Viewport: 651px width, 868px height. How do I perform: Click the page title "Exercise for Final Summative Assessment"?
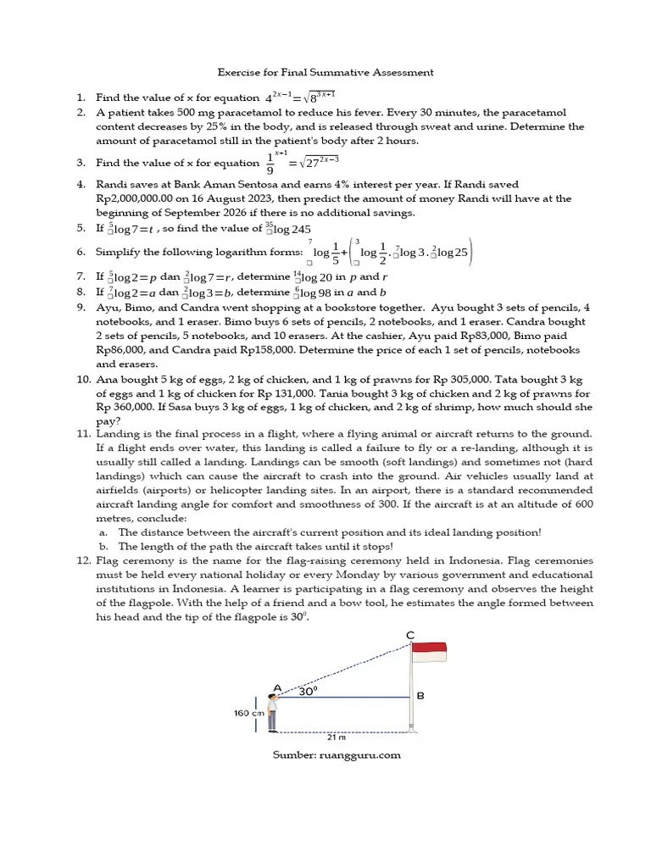click(x=325, y=73)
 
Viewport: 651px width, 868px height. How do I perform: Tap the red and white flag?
click(x=428, y=652)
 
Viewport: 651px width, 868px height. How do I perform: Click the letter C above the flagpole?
click(x=411, y=635)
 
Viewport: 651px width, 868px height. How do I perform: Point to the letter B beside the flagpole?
click(x=420, y=696)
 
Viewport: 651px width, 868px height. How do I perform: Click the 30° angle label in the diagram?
click(x=308, y=691)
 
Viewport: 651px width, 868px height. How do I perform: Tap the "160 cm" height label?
click(x=248, y=713)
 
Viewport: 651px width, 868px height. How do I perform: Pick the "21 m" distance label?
click(x=342, y=738)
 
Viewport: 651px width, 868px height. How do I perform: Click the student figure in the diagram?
click(x=272, y=712)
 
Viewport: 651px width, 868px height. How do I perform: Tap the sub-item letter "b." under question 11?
click(x=103, y=547)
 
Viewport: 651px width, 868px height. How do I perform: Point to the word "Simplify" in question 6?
click(x=118, y=252)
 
